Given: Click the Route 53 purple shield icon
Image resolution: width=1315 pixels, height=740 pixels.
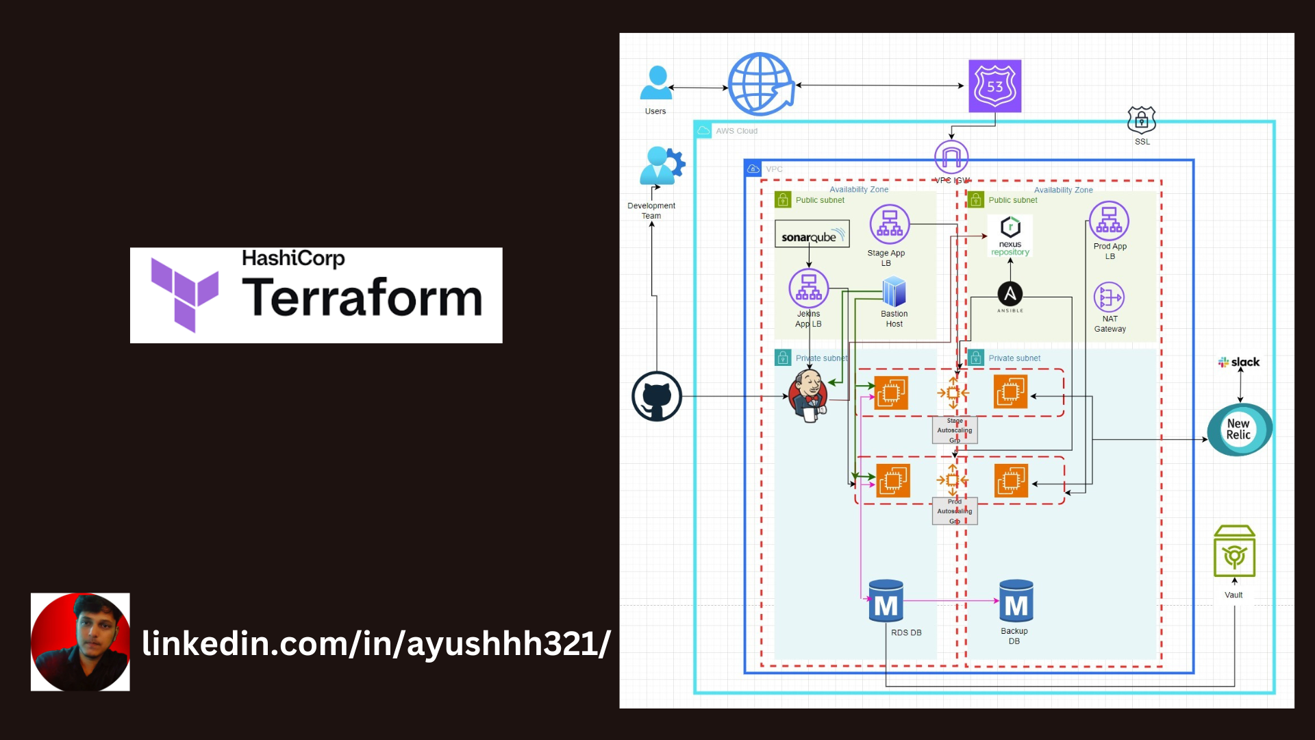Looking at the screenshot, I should click(994, 86).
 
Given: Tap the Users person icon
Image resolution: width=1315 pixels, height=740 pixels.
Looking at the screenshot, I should click(656, 83).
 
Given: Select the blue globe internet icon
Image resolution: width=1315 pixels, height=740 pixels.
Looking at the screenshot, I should click(760, 84).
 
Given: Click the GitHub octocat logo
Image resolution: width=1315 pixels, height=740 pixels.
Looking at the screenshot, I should click(656, 397).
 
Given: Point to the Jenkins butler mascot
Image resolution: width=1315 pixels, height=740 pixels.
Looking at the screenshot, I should click(809, 396).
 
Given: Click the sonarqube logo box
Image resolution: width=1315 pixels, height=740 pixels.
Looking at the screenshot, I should click(812, 234).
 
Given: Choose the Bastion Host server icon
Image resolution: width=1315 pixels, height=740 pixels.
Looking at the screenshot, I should click(894, 293).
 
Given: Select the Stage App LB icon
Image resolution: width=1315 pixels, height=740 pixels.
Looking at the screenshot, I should click(889, 225).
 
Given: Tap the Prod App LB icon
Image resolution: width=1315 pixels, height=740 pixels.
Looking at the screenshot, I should click(1109, 221).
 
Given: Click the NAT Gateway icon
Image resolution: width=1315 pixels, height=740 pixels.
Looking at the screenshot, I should click(1109, 298).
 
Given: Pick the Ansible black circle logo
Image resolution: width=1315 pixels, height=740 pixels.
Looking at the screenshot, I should click(1010, 295).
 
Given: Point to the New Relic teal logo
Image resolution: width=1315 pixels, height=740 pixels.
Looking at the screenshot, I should click(1239, 430).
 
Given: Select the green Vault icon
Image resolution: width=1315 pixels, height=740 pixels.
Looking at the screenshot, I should click(1234, 552).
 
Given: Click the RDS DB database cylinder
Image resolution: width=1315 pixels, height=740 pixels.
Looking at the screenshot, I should click(886, 602).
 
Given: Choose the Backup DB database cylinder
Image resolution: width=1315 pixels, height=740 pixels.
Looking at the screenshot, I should click(1016, 602).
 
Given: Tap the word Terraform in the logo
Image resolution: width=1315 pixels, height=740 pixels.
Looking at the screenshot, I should click(362, 299).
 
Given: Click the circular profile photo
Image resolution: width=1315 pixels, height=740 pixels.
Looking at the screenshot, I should click(80, 642).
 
